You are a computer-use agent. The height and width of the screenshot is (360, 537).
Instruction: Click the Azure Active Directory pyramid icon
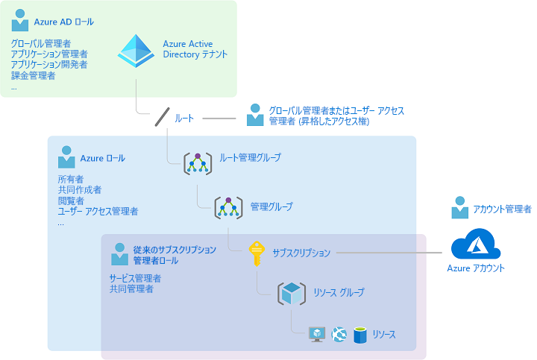(x=136, y=50)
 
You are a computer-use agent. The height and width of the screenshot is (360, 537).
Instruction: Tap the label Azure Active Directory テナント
(x=195, y=49)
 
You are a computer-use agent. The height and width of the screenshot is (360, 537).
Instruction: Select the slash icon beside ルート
(x=163, y=118)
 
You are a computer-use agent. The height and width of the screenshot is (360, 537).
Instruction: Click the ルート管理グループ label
(x=251, y=158)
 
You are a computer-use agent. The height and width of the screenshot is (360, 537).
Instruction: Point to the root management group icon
(x=198, y=163)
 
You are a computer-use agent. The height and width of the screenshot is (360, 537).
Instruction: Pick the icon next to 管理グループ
(x=228, y=207)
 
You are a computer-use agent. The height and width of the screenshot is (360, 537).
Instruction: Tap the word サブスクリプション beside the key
(x=301, y=253)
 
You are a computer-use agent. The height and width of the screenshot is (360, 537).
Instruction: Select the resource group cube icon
(x=292, y=293)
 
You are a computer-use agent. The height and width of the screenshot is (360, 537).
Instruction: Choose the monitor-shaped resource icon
(x=318, y=335)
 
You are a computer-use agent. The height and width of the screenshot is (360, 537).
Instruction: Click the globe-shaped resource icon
(x=340, y=335)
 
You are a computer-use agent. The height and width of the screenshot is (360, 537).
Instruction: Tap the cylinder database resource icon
(x=361, y=335)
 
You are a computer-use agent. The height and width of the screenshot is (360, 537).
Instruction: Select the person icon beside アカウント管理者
(x=460, y=209)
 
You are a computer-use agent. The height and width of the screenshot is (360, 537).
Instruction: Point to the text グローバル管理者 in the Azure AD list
(x=42, y=43)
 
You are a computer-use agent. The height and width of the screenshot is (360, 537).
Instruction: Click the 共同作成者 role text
(x=80, y=190)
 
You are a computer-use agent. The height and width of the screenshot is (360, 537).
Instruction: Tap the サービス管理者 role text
(x=135, y=278)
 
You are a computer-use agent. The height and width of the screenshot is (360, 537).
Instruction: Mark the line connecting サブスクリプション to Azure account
(x=391, y=253)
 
